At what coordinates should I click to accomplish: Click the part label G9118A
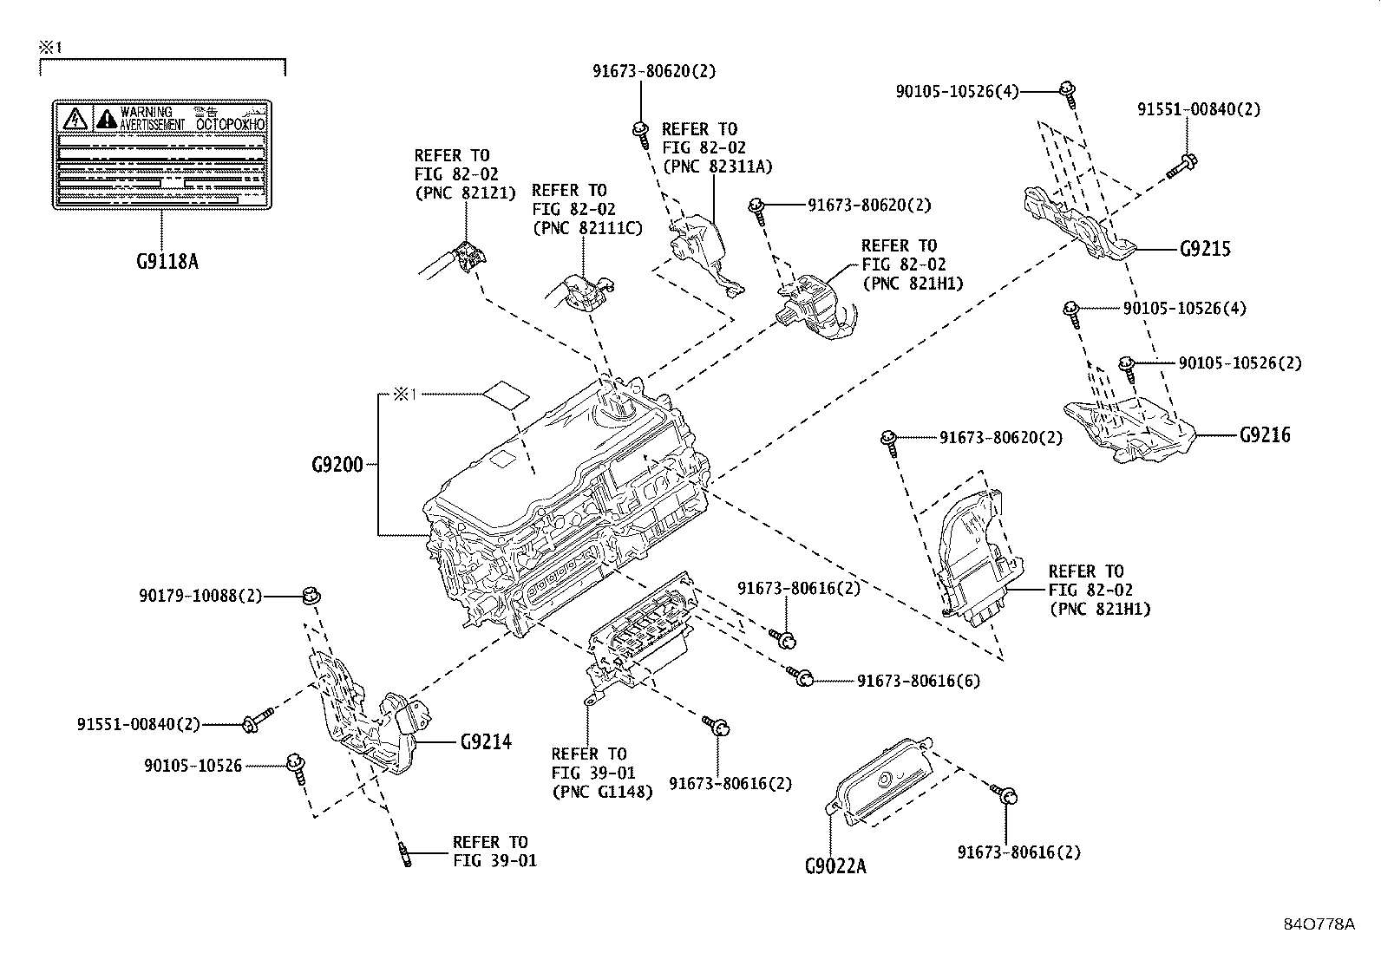(x=167, y=260)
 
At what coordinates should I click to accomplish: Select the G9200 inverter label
(x=337, y=465)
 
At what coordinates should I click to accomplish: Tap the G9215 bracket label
(x=1205, y=250)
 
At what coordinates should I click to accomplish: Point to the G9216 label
(x=1265, y=435)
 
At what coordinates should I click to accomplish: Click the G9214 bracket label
(x=485, y=742)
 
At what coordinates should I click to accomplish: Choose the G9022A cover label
(x=834, y=865)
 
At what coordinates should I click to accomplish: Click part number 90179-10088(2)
(x=200, y=596)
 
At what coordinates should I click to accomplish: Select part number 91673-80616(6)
(x=919, y=681)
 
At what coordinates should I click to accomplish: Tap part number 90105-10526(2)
(x=1240, y=363)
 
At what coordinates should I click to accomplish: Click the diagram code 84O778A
(x=1319, y=924)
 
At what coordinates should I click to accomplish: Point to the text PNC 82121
(x=464, y=193)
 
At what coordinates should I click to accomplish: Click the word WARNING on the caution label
(x=146, y=112)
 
